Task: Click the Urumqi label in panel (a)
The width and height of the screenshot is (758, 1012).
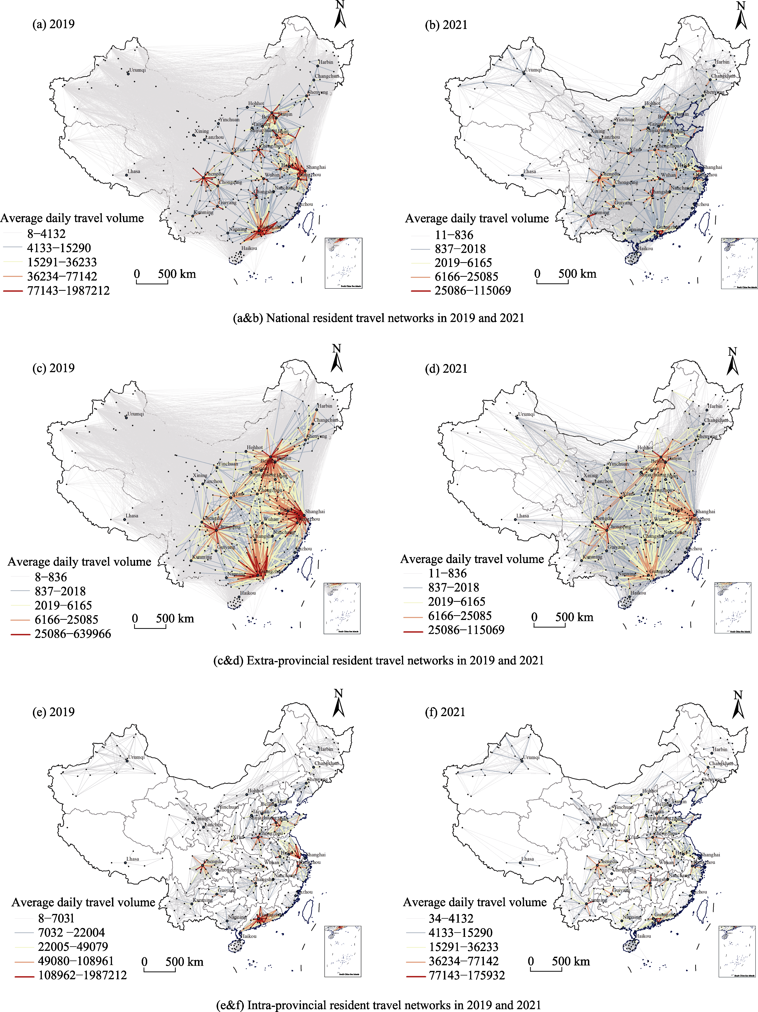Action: click(x=137, y=70)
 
